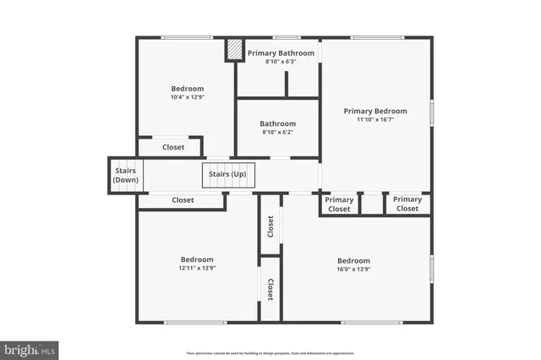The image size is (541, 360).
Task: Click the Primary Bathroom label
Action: click(x=281, y=53)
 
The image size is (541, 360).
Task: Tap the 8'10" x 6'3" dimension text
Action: click(x=281, y=62)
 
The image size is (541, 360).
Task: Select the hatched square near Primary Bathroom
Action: click(x=232, y=51)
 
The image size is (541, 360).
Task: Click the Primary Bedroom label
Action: click(x=374, y=111)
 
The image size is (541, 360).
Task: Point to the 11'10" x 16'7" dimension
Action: click(x=374, y=120)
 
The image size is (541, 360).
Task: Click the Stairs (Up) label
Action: click(x=227, y=175)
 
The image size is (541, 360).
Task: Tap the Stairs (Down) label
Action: click(x=126, y=175)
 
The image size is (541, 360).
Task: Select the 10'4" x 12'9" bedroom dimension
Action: click(x=188, y=97)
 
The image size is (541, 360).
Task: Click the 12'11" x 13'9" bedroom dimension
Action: click(x=196, y=268)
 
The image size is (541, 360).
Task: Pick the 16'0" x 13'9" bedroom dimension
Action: click(x=353, y=269)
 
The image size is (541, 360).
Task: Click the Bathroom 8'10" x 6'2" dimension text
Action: click(x=278, y=132)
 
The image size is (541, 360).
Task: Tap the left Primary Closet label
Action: click(x=339, y=205)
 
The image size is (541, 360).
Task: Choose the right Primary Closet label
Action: click(x=407, y=205)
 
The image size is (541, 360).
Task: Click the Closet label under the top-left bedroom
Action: click(x=173, y=147)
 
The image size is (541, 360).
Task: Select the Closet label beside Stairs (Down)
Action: click(x=183, y=200)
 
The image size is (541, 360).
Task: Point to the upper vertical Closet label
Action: click(x=270, y=225)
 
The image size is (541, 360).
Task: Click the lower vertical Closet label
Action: click(x=270, y=290)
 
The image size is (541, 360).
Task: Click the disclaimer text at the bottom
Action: click(x=270, y=353)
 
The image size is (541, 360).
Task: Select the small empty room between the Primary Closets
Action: click(x=371, y=205)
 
